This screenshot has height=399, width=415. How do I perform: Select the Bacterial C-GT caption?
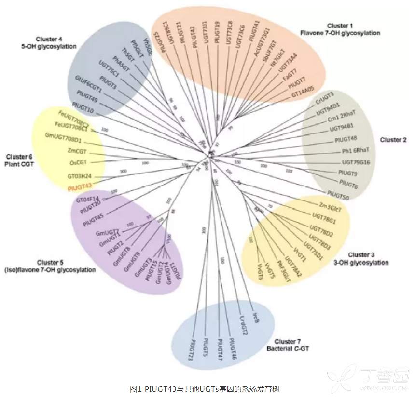click(289, 348)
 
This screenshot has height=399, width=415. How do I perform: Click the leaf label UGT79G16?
click(356, 162)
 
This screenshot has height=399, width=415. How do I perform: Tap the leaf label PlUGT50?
click(337, 193)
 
